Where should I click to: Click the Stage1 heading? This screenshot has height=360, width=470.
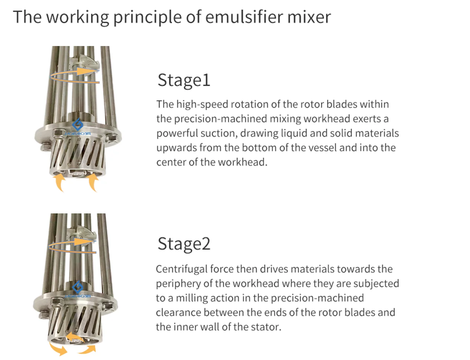[x=184, y=80]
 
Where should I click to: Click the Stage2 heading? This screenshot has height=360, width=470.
[x=184, y=244]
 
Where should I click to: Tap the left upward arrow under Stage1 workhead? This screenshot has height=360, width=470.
[x=59, y=183]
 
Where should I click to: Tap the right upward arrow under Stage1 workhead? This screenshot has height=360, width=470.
[x=93, y=183]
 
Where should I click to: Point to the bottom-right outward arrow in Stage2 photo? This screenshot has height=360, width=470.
[x=87, y=350]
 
